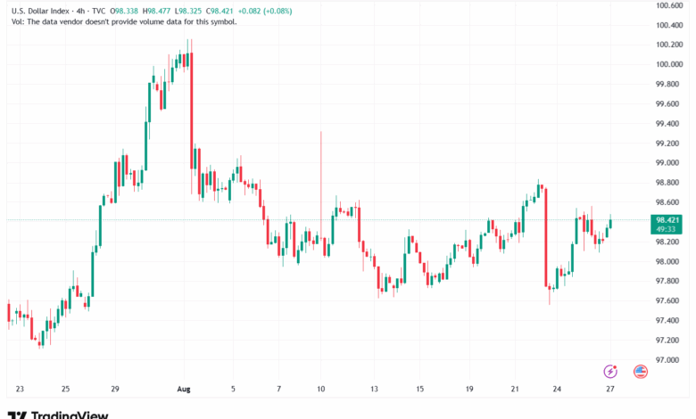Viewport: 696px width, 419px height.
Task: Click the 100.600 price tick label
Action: (x=669, y=5)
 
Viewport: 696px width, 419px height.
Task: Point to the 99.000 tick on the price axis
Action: (x=669, y=163)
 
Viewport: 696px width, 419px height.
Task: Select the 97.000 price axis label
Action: (x=669, y=360)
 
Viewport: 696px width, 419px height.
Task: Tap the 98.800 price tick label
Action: (x=669, y=183)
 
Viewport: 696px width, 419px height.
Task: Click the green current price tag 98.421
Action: (x=668, y=219)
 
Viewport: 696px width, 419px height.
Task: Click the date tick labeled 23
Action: (x=20, y=390)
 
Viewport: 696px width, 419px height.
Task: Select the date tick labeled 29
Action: (x=115, y=390)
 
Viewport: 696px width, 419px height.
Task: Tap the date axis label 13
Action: (x=375, y=390)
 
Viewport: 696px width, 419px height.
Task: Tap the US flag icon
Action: (x=640, y=371)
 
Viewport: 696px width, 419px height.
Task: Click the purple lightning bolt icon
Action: (x=610, y=371)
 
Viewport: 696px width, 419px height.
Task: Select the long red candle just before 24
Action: (x=545, y=236)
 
